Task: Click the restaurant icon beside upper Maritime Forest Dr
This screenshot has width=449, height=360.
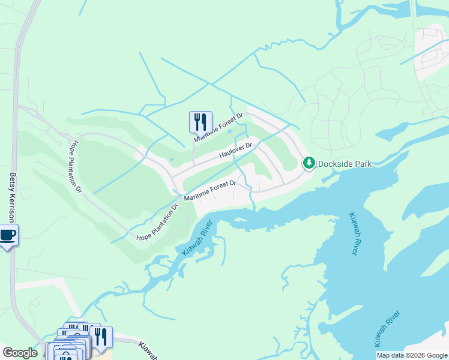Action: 200,121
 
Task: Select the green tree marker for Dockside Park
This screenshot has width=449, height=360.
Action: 309,163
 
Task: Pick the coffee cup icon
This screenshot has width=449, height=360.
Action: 7,235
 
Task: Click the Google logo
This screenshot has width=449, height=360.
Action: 20,353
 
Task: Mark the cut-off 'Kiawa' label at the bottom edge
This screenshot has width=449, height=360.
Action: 148,351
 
